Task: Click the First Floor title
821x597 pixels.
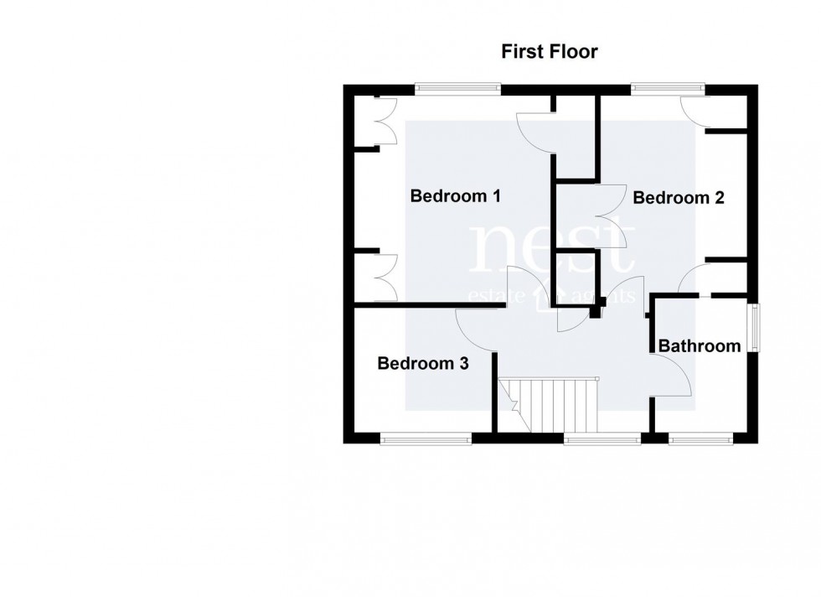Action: point(550,51)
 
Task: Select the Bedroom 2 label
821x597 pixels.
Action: point(678,198)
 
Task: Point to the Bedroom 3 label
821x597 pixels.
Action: point(422,364)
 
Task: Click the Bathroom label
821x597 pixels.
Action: point(700,345)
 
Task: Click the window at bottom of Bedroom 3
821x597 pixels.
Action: point(426,437)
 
